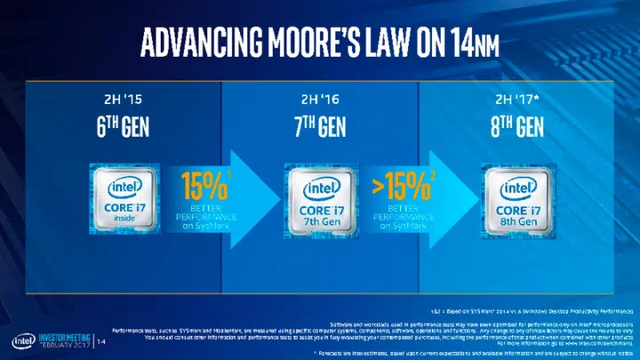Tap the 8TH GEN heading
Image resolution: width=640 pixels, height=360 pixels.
[516, 128]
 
